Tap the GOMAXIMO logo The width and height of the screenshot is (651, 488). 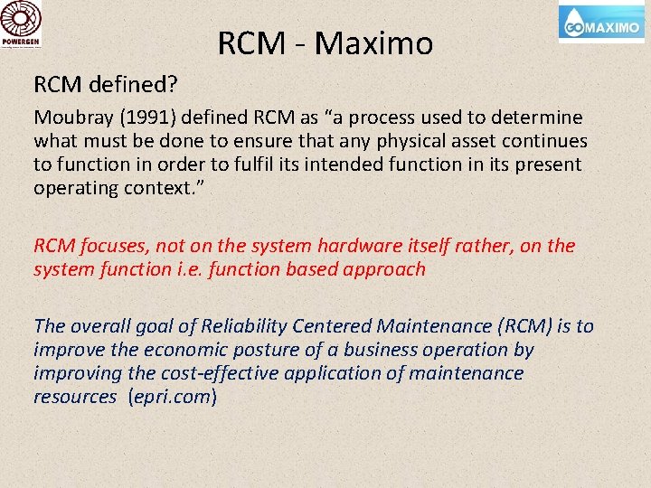[601, 23]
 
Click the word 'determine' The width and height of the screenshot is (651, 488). [540, 118]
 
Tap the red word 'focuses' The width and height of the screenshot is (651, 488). [113, 246]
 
